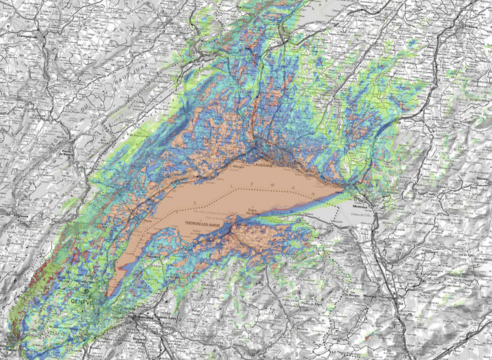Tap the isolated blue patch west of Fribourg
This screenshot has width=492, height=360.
click(x=389, y=125)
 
